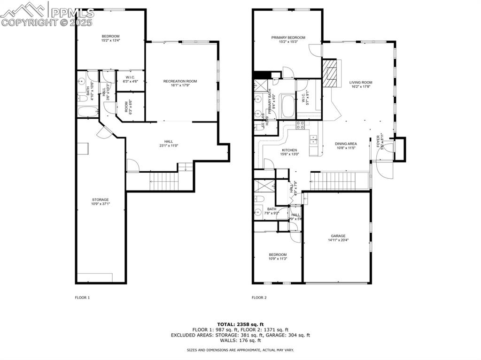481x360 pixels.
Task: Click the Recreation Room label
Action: (x=180, y=81)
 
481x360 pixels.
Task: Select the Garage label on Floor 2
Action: (x=338, y=236)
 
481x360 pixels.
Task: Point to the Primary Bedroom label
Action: (x=288, y=38)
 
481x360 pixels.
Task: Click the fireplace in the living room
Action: (x=330, y=72)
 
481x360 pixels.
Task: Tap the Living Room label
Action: (x=361, y=82)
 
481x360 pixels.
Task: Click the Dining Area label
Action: (x=345, y=144)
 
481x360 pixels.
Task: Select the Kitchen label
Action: (x=289, y=150)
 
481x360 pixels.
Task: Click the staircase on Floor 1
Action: (x=165, y=181)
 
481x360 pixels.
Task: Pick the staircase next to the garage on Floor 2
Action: (x=339, y=181)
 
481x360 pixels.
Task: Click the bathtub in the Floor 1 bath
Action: (x=87, y=112)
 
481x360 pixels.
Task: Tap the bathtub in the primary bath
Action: (x=287, y=106)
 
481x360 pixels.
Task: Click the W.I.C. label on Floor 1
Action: (x=130, y=77)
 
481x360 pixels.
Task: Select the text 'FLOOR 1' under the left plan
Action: (x=82, y=298)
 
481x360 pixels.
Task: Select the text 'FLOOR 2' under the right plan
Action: (x=259, y=298)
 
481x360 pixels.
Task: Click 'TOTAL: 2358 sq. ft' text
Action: (x=240, y=324)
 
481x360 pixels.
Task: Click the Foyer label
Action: (x=378, y=141)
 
